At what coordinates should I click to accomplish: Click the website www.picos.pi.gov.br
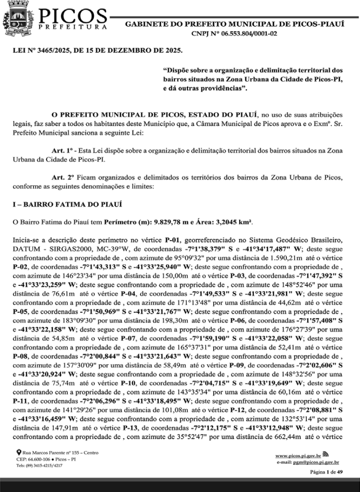click(298, 455)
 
